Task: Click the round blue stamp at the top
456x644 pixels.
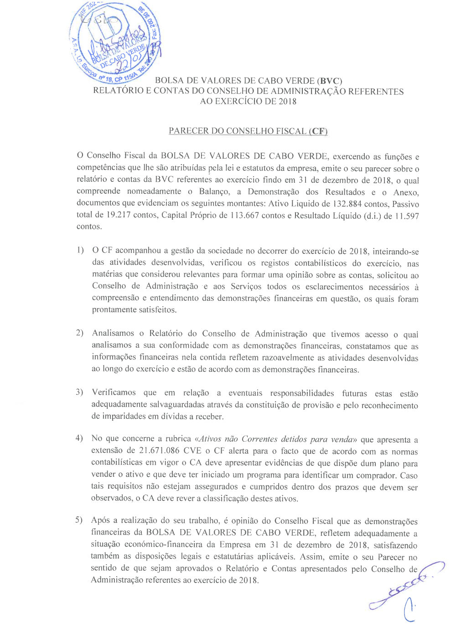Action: (x=115, y=43)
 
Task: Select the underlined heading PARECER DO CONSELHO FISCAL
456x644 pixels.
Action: (x=248, y=131)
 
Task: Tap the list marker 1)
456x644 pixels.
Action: (x=80, y=250)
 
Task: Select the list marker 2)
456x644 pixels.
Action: (x=80, y=333)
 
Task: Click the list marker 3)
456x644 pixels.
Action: (x=80, y=392)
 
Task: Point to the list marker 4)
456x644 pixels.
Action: (x=79, y=438)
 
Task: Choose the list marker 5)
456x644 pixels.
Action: (x=79, y=520)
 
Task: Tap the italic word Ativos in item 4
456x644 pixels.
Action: (x=210, y=439)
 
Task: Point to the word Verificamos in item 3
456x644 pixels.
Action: (x=114, y=392)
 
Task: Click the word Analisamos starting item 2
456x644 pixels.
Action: (x=113, y=333)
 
